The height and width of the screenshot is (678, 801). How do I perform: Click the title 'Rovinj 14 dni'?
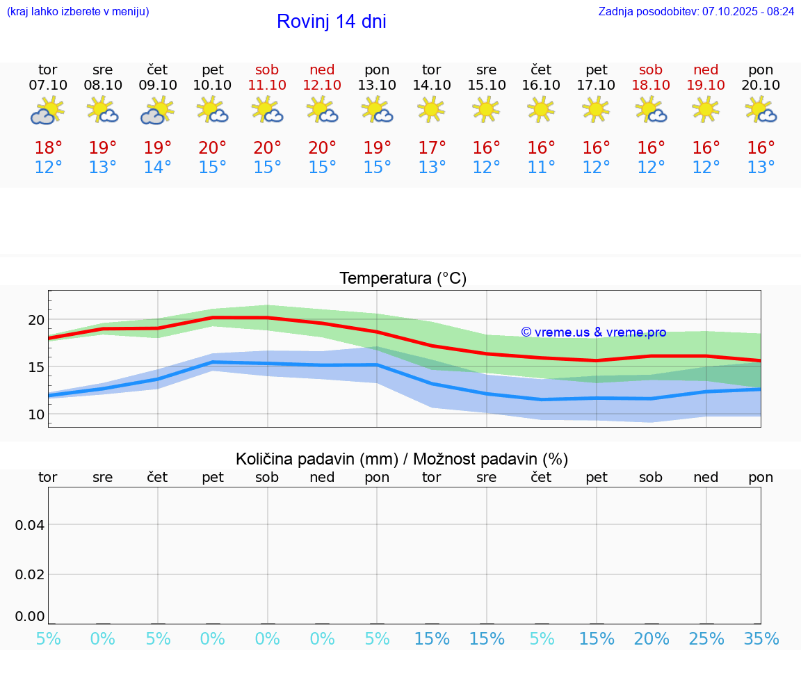click(x=331, y=22)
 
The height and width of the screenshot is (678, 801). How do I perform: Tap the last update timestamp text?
click(x=696, y=12)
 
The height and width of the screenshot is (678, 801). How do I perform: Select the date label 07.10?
click(x=48, y=86)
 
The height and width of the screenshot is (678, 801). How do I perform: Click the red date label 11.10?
click(x=267, y=86)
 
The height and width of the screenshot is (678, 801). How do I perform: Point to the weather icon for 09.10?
click(x=157, y=110)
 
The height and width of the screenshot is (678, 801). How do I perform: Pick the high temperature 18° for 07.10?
click(x=48, y=148)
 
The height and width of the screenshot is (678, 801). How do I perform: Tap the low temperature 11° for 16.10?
click(x=541, y=168)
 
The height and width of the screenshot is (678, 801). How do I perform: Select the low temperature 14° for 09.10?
click(x=157, y=168)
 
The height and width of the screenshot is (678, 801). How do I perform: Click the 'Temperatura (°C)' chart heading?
click(x=403, y=279)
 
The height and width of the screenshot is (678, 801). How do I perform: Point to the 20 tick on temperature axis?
click(x=36, y=320)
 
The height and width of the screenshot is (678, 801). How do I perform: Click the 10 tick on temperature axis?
click(x=36, y=414)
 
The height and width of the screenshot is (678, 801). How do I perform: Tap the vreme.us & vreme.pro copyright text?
click(x=593, y=332)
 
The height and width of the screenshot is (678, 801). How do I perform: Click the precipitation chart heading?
click(x=402, y=459)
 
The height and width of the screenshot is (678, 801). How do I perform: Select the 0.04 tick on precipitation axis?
click(x=30, y=525)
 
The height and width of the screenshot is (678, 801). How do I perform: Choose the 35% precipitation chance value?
click(x=761, y=639)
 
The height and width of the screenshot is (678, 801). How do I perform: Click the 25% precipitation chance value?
click(x=706, y=639)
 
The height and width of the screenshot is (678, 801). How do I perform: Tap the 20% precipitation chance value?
click(x=651, y=639)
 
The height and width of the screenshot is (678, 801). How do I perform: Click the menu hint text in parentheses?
click(x=78, y=12)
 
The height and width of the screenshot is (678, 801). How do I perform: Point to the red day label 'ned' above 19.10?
click(x=706, y=70)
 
